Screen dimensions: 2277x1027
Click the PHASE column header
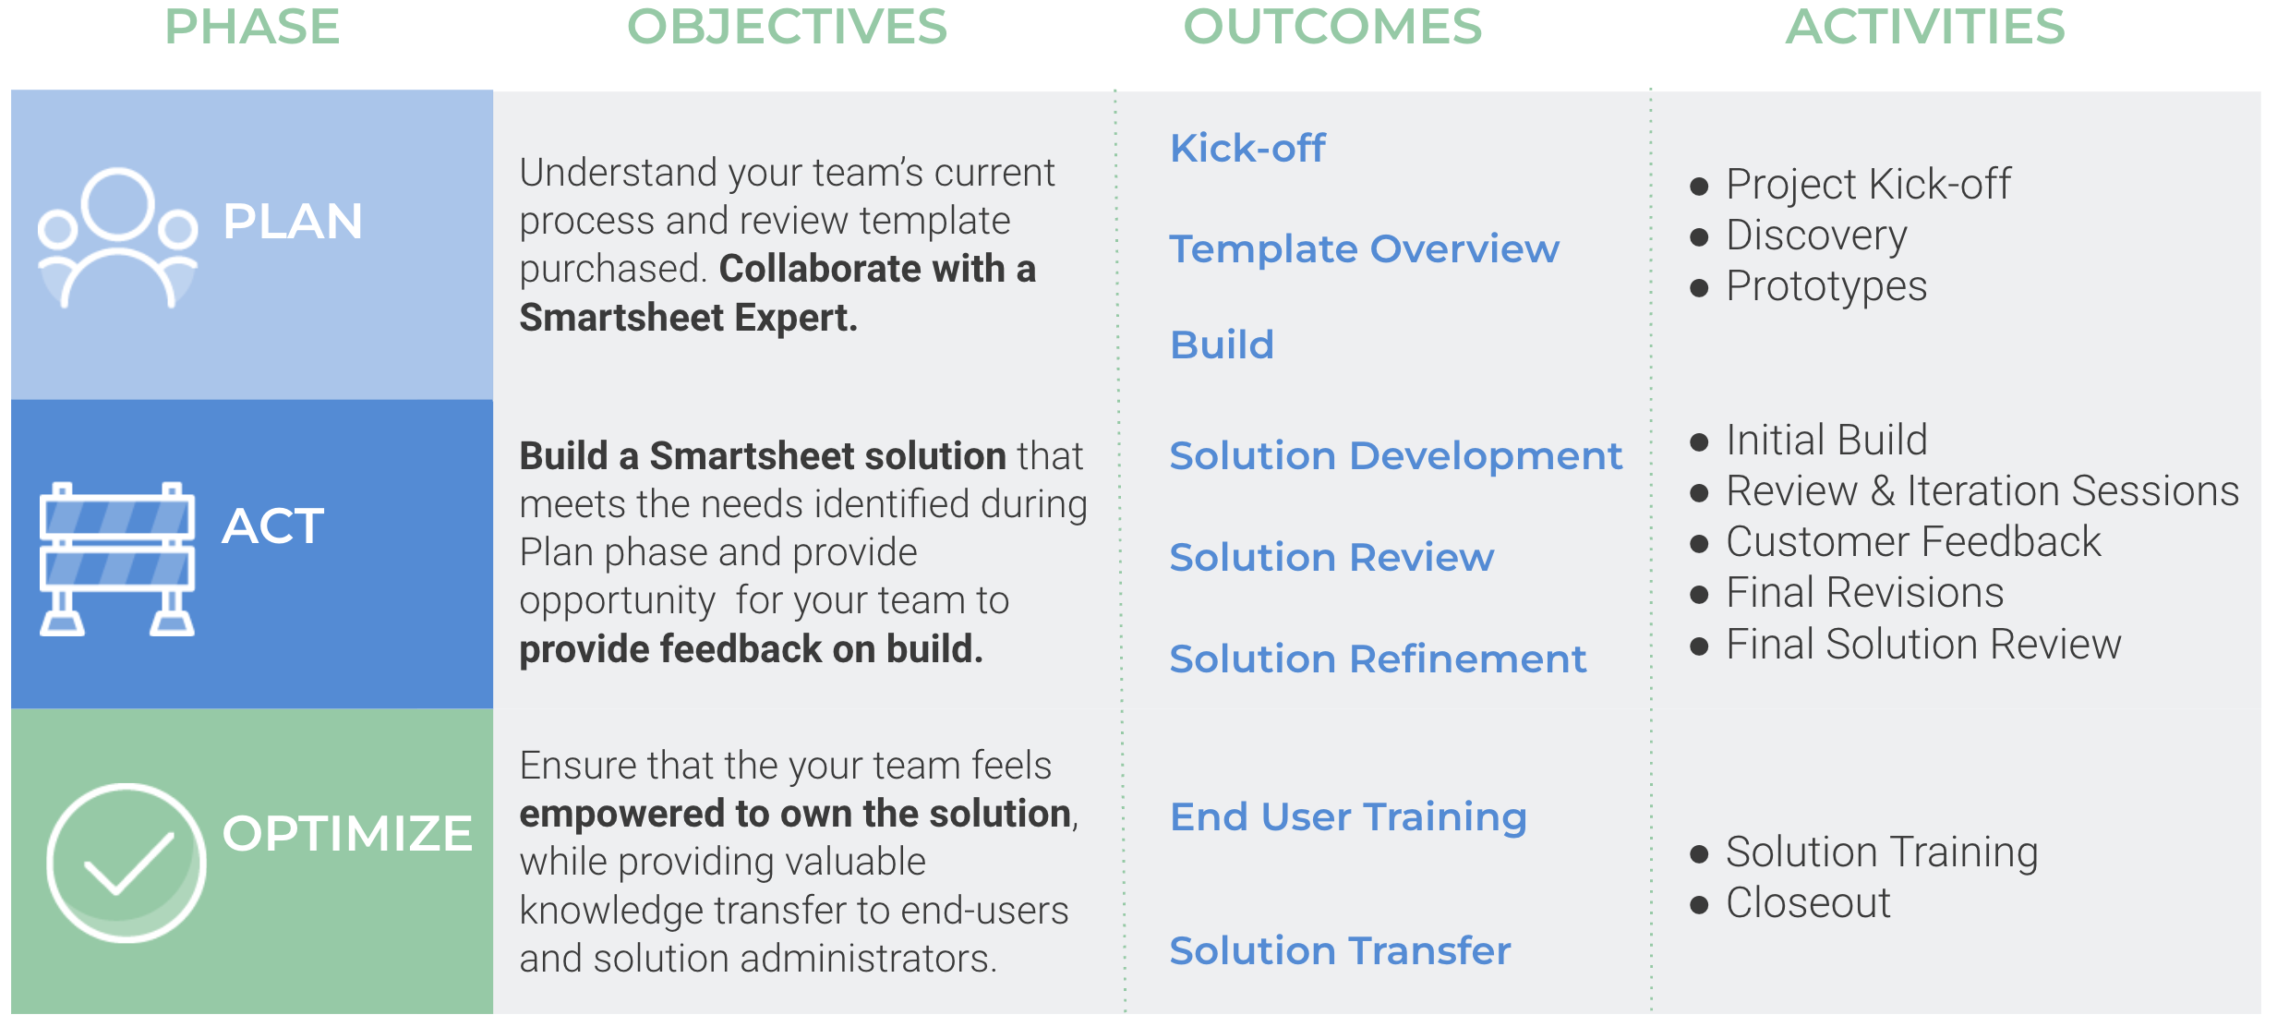tap(252, 26)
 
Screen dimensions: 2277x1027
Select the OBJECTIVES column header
tap(787, 26)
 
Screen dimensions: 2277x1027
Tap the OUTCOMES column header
tap(1332, 26)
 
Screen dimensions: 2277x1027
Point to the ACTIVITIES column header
tap(1925, 26)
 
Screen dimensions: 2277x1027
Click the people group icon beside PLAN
tap(117, 237)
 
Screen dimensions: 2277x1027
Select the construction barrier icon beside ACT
tap(117, 559)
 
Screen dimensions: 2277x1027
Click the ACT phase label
tap(273, 526)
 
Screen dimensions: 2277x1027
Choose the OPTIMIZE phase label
tap(347, 833)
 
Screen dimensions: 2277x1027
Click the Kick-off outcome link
tap(1247, 148)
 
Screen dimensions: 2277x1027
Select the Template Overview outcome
tap(1365, 248)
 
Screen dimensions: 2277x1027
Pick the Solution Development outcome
tap(1396, 455)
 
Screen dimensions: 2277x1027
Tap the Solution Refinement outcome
tap(1378, 658)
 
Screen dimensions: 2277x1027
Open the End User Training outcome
tap(1348, 817)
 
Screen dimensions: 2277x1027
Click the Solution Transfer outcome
tap(1340, 950)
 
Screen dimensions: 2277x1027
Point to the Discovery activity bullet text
tap(1816, 236)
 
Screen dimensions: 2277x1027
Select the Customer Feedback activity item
tap(1913, 541)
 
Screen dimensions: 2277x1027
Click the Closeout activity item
tap(1808, 902)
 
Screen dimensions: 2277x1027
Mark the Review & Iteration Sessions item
tap(1982, 490)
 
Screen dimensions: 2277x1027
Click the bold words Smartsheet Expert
tap(689, 318)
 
